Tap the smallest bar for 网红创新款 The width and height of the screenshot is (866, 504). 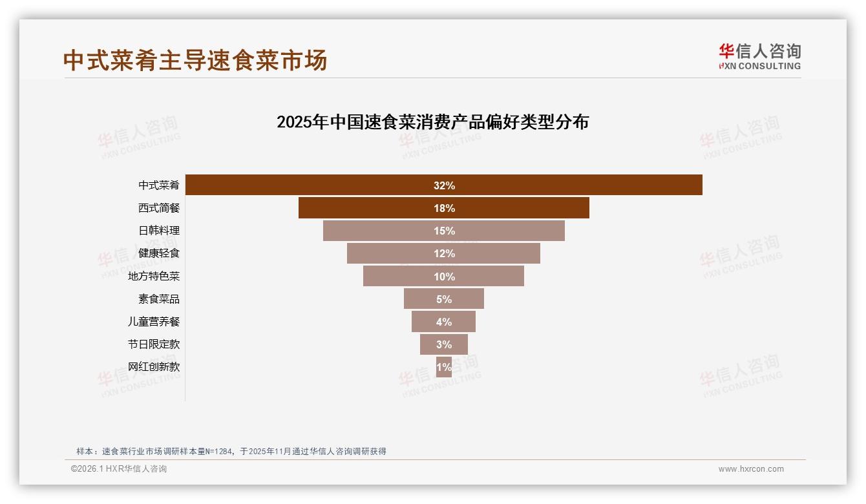click(444, 366)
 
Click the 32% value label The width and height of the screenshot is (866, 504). click(444, 185)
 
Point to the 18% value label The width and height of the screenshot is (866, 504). click(444, 208)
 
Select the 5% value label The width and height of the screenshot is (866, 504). click(444, 299)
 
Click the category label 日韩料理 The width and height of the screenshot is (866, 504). click(159, 231)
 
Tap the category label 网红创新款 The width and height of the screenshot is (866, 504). click(154, 366)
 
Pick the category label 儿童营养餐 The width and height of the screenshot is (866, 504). click(154, 321)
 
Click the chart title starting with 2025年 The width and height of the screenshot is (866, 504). click(432, 122)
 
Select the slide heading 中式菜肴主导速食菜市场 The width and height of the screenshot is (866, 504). click(195, 60)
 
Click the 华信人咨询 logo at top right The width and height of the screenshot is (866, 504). click(759, 56)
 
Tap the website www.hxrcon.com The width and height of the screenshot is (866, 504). click(751, 469)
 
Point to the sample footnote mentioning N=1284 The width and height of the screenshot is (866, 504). click(231, 451)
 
